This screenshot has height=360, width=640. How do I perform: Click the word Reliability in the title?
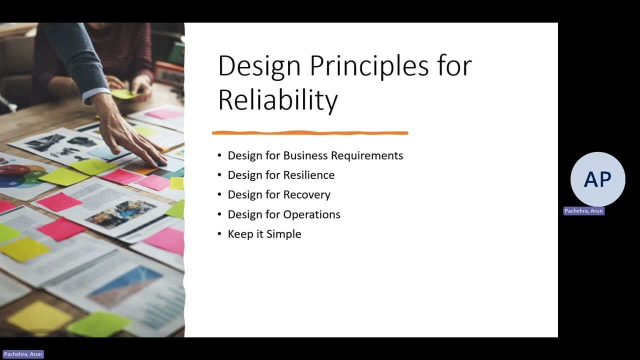point(278,99)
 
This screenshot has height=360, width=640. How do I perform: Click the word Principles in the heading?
point(369,66)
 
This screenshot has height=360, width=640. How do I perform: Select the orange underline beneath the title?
point(310,133)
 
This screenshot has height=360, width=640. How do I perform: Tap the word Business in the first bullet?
point(305,155)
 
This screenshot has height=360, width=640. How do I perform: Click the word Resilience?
point(309,175)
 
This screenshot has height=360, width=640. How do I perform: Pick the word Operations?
point(311,214)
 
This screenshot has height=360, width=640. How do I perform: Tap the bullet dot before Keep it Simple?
point(219,234)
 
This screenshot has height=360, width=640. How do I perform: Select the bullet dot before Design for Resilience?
point(219,175)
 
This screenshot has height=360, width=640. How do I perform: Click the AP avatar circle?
point(597,179)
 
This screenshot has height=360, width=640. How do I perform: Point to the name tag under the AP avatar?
point(583,211)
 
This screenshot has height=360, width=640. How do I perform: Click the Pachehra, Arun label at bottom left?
point(23,354)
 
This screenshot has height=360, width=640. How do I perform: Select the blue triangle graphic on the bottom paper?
point(125,285)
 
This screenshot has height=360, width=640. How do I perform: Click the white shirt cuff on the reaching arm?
point(95,95)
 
